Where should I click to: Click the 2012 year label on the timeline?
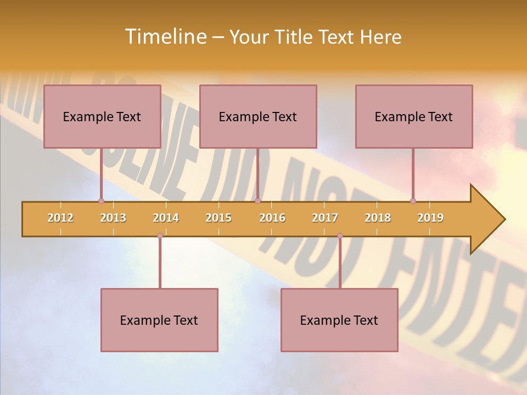point(60,218)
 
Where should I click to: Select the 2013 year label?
point(113,218)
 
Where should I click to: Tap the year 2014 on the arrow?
point(166,218)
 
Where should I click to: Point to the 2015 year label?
point(218,218)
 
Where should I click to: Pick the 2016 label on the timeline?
point(272,218)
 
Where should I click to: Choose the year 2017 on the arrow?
point(325,218)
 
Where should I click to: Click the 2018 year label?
point(378,218)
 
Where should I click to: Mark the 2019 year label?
point(430,218)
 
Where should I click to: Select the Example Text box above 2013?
point(102,116)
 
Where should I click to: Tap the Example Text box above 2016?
point(258,116)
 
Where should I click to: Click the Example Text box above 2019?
point(414,116)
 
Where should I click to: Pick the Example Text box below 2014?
point(159,320)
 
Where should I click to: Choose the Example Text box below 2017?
point(339,320)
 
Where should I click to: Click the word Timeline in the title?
point(165,37)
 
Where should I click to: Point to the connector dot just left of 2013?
point(101,201)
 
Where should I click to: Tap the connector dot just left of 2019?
point(413,201)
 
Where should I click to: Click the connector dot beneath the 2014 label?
point(160,235)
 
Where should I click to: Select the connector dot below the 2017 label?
point(340,235)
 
